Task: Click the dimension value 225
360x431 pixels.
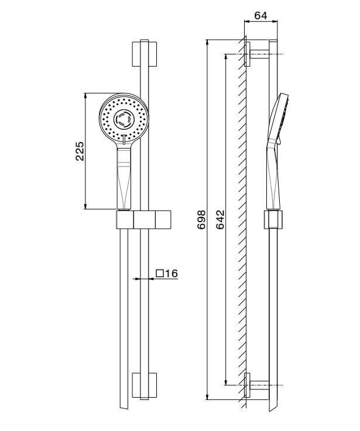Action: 80,150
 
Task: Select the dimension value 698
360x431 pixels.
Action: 201,219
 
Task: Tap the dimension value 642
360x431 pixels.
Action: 220,219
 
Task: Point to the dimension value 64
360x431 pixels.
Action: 260,16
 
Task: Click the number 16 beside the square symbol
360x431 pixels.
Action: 170,273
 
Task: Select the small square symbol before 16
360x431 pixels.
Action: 159,273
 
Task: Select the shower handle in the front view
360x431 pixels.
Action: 124,178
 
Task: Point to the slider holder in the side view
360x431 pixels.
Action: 273,220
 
